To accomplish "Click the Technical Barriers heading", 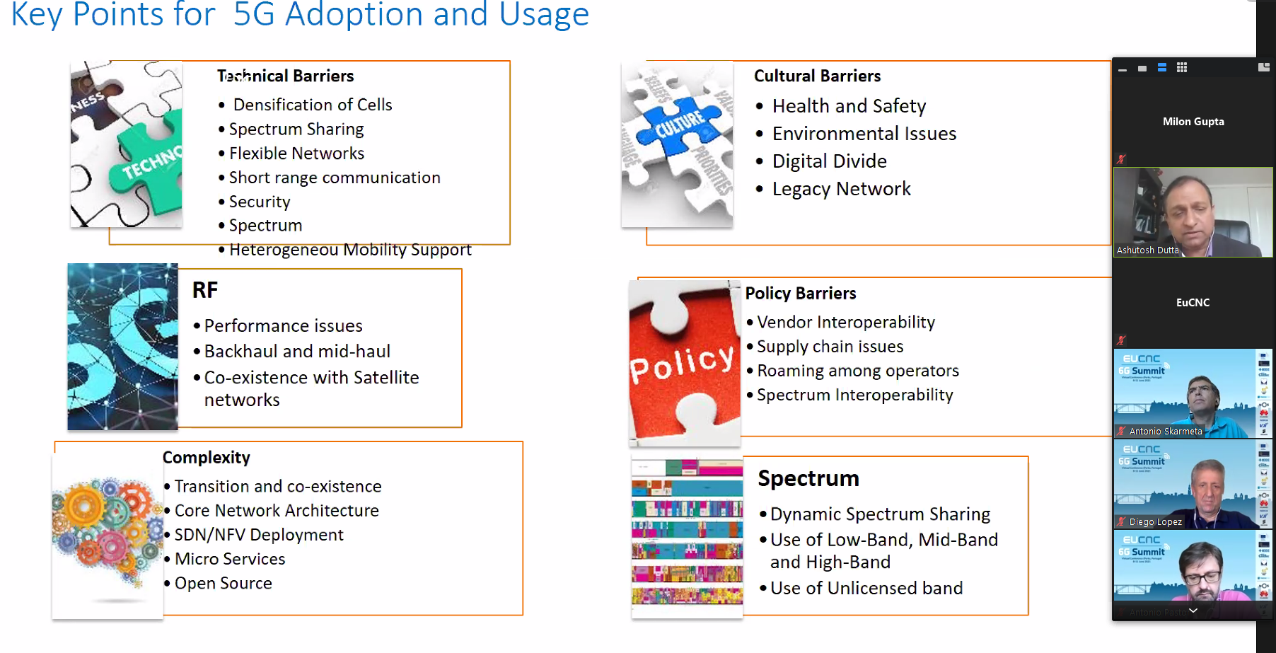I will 285,76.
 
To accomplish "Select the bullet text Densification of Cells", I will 312,105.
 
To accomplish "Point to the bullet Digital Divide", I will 829,161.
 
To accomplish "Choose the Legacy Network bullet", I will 841,189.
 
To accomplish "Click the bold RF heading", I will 205,290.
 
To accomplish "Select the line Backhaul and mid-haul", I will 297,352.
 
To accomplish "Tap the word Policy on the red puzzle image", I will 682,363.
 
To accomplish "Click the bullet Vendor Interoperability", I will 846,323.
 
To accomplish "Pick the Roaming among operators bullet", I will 858,371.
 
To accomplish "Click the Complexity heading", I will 207,458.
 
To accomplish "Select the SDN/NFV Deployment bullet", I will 259,535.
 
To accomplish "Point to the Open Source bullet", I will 223,583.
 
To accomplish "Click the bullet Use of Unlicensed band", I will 866,588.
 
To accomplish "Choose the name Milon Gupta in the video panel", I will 1193,122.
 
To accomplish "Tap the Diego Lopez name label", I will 1155,522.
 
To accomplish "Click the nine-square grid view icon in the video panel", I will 1182,68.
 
